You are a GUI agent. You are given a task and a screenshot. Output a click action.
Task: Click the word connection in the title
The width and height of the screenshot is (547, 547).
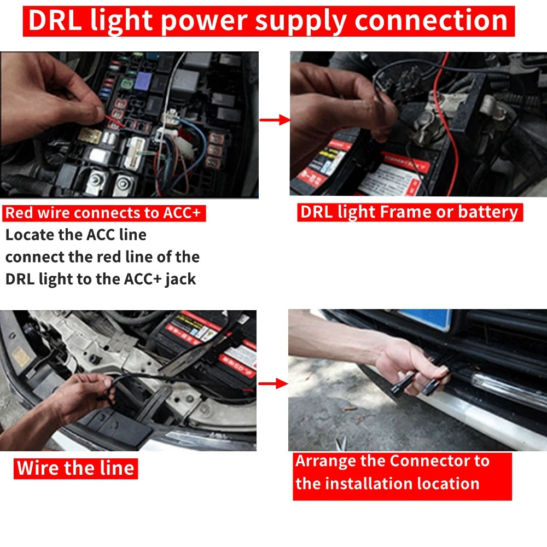(x=431, y=20)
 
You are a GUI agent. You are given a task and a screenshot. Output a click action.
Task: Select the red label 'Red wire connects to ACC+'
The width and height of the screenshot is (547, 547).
(x=103, y=213)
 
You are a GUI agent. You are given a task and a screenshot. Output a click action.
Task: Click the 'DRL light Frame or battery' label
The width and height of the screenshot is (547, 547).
(x=409, y=212)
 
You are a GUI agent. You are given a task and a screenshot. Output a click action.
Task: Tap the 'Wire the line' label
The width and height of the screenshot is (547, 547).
(x=75, y=468)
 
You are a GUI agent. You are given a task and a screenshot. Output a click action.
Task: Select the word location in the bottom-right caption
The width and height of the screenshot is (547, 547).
(x=448, y=484)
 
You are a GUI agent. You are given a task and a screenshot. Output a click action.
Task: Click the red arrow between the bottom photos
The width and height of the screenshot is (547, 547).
(x=273, y=383)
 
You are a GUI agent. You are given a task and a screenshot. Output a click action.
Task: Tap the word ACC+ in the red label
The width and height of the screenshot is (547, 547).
(x=182, y=213)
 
